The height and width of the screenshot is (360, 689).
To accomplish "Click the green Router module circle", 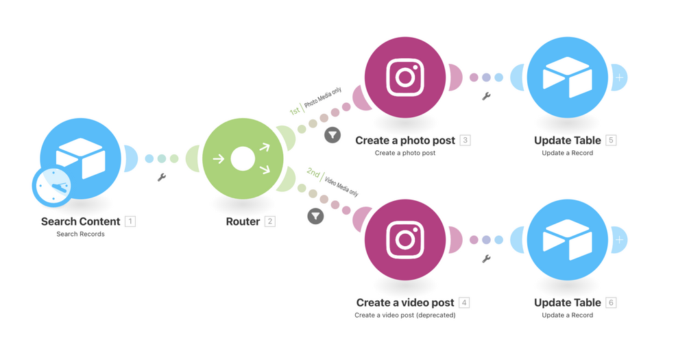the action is pyautogui.click(x=243, y=158).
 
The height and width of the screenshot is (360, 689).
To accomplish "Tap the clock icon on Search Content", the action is pyautogui.click(x=53, y=187).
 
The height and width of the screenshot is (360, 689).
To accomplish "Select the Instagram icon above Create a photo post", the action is pyautogui.click(x=405, y=77).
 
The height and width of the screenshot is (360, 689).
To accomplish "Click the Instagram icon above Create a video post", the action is pyautogui.click(x=405, y=239).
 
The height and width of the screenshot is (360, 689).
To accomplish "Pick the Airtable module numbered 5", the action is pyautogui.click(x=567, y=77).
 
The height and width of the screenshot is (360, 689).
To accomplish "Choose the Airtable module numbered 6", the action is pyautogui.click(x=567, y=239).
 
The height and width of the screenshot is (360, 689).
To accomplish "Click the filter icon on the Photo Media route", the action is pyautogui.click(x=333, y=135).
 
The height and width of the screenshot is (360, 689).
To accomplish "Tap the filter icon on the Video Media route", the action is pyautogui.click(x=315, y=216).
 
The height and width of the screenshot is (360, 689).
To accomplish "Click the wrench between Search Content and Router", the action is pyautogui.click(x=162, y=177).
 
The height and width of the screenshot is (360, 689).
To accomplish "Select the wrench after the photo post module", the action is pyautogui.click(x=486, y=96).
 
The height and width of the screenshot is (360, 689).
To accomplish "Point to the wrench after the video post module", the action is pyautogui.click(x=486, y=259).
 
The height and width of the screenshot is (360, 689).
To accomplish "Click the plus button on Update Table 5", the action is pyautogui.click(x=619, y=77).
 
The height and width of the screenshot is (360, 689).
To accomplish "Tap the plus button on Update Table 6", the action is pyautogui.click(x=619, y=240).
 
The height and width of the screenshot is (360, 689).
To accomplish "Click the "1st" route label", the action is pyautogui.click(x=295, y=110).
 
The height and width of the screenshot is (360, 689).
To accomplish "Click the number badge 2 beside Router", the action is pyautogui.click(x=270, y=221).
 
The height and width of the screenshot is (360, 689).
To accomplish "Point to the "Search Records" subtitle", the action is pyautogui.click(x=80, y=234).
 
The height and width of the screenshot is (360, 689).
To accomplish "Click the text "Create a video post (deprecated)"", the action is pyautogui.click(x=405, y=315).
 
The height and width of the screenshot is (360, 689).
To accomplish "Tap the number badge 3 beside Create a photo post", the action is pyautogui.click(x=465, y=140).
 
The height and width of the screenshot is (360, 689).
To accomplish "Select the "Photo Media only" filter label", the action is pyautogui.click(x=323, y=97).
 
